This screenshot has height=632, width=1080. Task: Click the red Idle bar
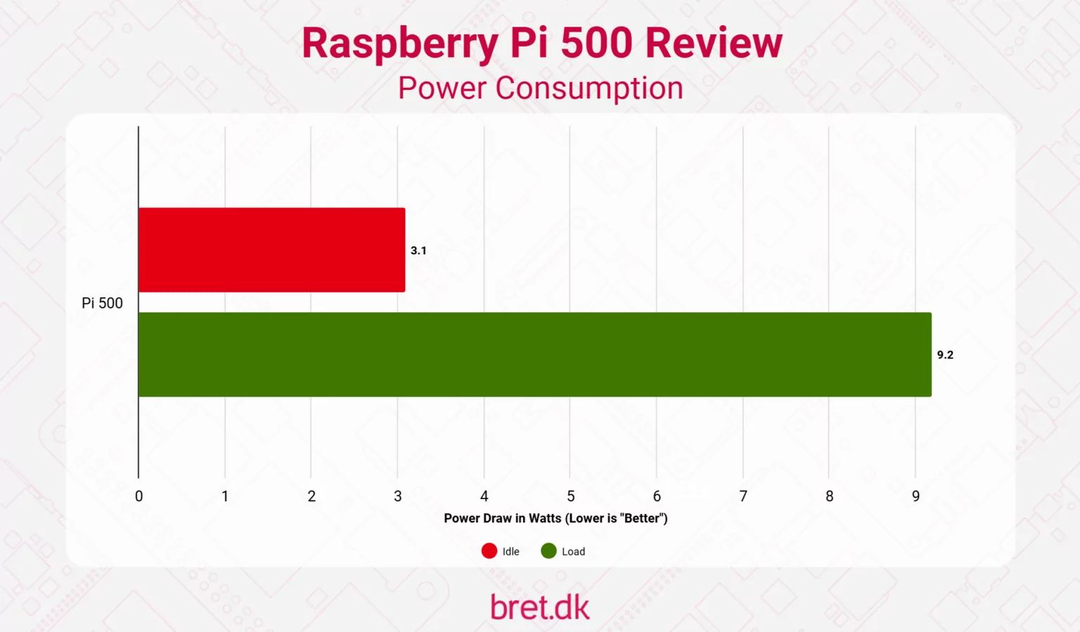pos(271,250)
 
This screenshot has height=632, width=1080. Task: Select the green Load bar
pos(534,354)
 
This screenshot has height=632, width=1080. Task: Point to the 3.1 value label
pos(418,250)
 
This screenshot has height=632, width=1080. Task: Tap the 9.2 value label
pos(945,355)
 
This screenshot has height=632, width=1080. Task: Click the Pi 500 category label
pos(102,303)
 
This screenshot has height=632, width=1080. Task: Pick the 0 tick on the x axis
pos(139,496)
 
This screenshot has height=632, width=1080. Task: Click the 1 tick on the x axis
pos(225,496)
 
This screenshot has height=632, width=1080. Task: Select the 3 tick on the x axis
pos(398,496)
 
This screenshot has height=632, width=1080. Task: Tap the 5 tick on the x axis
pos(571,496)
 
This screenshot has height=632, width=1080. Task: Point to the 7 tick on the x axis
pos(743,496)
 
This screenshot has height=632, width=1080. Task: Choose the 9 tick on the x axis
pos(915,496)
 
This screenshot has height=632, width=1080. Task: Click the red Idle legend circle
pos(489,551)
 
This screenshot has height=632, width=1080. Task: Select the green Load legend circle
pos(548,551)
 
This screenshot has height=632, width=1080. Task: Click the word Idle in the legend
pos(511,552)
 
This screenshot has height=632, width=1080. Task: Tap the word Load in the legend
pos(573,552)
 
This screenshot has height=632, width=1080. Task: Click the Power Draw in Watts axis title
pos(555,518)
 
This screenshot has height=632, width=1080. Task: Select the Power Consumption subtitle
pos(540,89)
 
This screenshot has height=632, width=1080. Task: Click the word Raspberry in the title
pos(399,44)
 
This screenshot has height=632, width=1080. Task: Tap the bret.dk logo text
pos(540,607)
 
